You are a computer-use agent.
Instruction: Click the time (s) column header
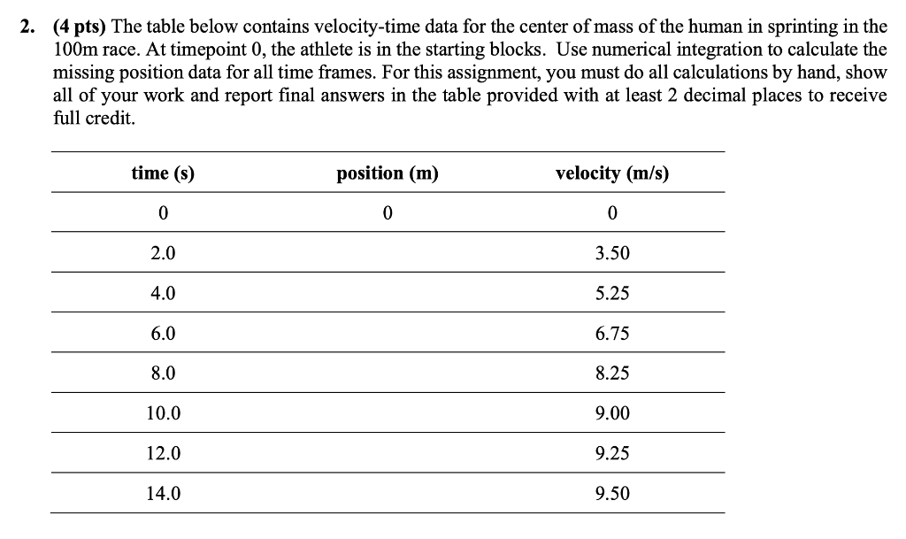pos(163,173)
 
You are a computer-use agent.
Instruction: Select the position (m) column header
pos(388,173)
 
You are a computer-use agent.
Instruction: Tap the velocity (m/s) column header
pos(612,173)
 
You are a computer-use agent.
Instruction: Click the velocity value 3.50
pos(612,254)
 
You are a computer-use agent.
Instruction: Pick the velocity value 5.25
pos(612,294)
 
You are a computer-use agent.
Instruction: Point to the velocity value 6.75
pos(612,335)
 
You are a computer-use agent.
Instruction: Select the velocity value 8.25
pos(612,374)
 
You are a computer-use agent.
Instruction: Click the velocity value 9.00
pos(612,414)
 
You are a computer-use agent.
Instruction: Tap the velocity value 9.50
pos(612,494)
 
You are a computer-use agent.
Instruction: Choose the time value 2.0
pos(163,254)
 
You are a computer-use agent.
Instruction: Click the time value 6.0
pos(163,335)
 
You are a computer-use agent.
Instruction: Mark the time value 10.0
pos(163,414)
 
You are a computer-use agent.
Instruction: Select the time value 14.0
pos(163,494)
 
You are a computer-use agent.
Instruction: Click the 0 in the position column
pos(388,213)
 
